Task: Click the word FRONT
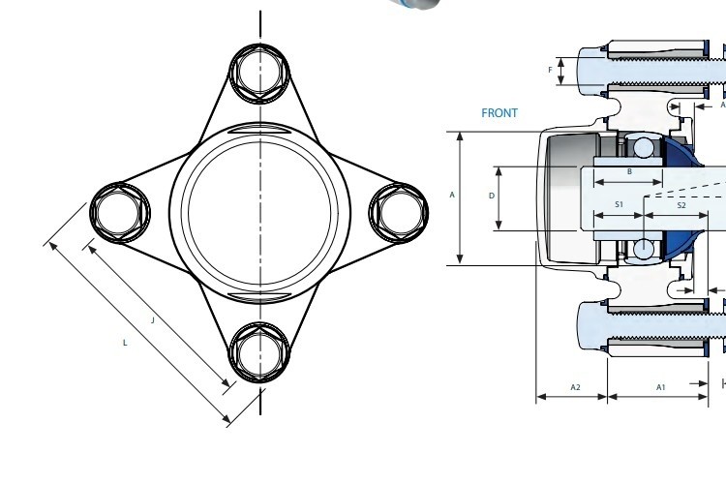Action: pyautogui.click(x=499, y=113)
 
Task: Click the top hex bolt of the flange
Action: pyautogui.click(x=259, y=74)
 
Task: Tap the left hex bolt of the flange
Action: pyautogui.click(x=120, y=213)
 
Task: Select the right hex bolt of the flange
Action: pyautogui.click(x=399, y=213)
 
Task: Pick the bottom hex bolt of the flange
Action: pyautogui.click(x=259, y=352)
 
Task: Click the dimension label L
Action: pyautogui.click(x=125, y=343)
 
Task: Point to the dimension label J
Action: pyautogui.click(x=153, y=320)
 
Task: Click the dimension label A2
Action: pyautogui.click(x=575, y=387)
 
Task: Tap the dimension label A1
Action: pyautogui.click(x=661, y=387)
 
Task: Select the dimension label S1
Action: pyautogui.click(x=620, y=204)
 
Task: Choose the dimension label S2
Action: pyautogui.click(x=681, y=205)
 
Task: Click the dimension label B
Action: pyautogui.click(x=630, y=172)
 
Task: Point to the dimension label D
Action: pyautogui.click(x=492, y=196)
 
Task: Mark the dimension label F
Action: pyautogui.click(x=550, y=70)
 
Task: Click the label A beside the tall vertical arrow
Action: pyautogui.click(x=452, y=195)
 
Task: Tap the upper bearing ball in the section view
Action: pyautogui.click(x=643, y=148)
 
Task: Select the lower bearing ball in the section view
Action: pyautogui.click(x=643, y=249)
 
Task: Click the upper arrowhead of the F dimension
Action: pyautogui.click(x=561, y=62)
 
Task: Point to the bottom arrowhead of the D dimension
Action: pyautogui.click(x=499, y=226)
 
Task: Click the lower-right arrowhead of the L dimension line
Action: pyautogui.click(x=227, y=419)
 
